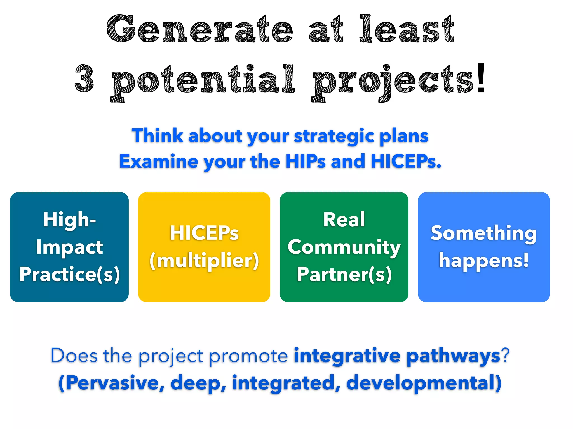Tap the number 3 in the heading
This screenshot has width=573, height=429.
[x=84, y=78]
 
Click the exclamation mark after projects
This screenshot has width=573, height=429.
[x=481, y=78]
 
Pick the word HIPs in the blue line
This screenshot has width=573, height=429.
[x=306, y=161]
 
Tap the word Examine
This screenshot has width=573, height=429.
[x=159, y=162]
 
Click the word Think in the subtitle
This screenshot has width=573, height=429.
[x=158, y=136]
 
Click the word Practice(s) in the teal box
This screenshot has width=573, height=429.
[x=70, y=275]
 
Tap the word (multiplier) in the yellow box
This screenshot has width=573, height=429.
[x=204, y=261]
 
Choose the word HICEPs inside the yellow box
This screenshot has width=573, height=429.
[x=204, y=233]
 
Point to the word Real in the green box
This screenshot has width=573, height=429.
[x=344, y=220]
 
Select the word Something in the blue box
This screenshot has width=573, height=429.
[x=484, y=233]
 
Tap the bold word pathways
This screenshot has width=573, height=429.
[x=453, y=356]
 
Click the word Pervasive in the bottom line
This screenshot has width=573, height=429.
[x=112, y=383]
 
